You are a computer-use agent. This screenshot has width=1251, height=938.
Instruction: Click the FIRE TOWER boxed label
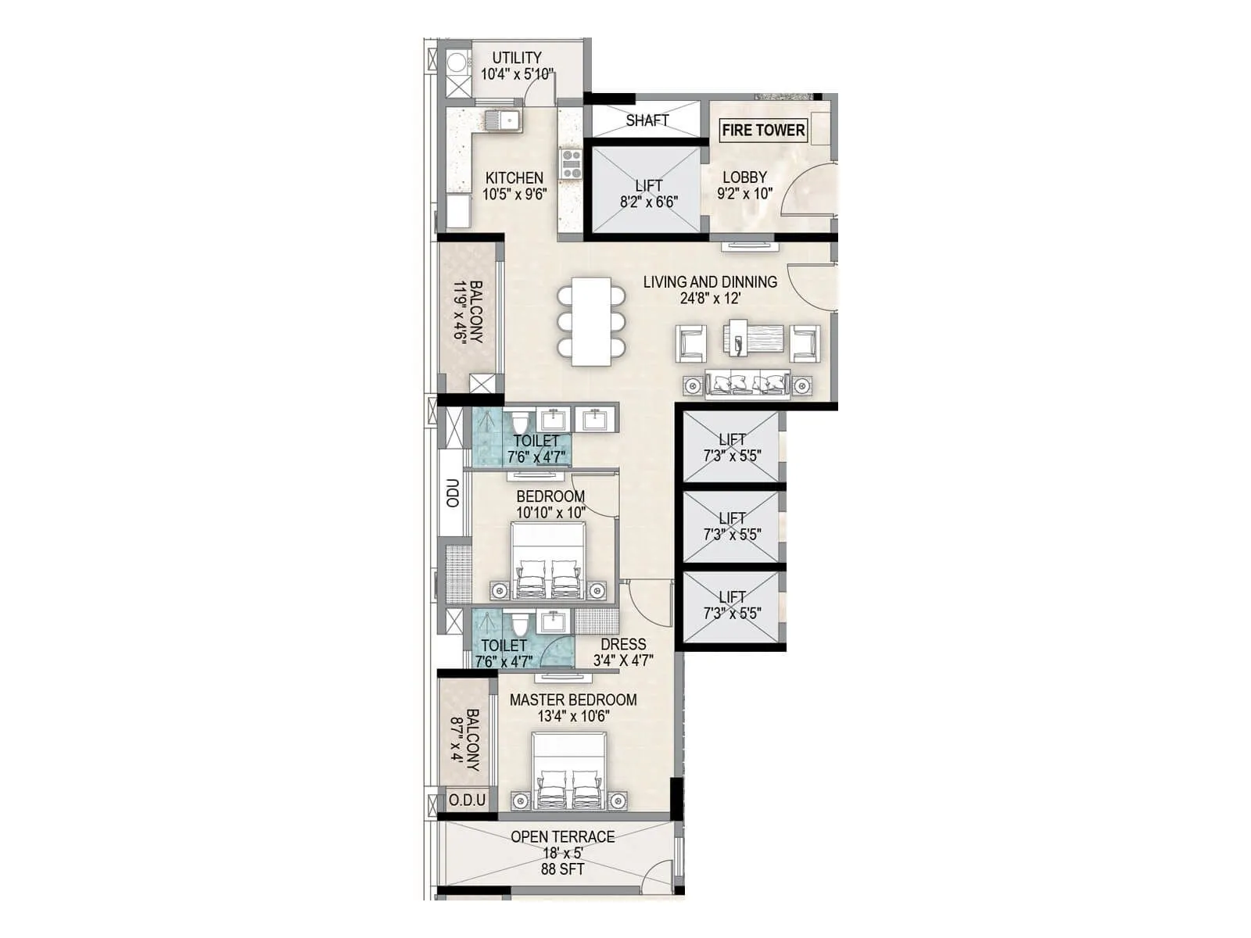[x=762, y=131]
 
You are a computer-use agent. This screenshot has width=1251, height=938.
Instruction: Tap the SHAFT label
[x=647, y=120]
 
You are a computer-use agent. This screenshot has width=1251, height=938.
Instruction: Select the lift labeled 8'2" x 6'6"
[x=647, y=191]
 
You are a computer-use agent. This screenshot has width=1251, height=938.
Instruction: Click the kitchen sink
[x=502, y=121]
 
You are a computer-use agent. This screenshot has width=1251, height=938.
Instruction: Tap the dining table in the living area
[x=591, y=321]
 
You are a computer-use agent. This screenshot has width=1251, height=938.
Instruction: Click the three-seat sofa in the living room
[x=747, y=385]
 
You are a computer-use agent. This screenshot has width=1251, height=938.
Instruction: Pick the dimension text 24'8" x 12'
[x=710, y=299]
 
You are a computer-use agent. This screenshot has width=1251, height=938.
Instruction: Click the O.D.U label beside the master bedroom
[x=468, y=800]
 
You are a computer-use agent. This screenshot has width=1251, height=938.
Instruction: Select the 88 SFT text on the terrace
[x=562, y=869]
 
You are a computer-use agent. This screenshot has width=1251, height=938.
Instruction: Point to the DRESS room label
[x=623, y=644]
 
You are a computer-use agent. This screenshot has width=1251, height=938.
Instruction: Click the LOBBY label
[x=744, y=177]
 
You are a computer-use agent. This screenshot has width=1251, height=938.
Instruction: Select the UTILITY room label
[x=516, y=58]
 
